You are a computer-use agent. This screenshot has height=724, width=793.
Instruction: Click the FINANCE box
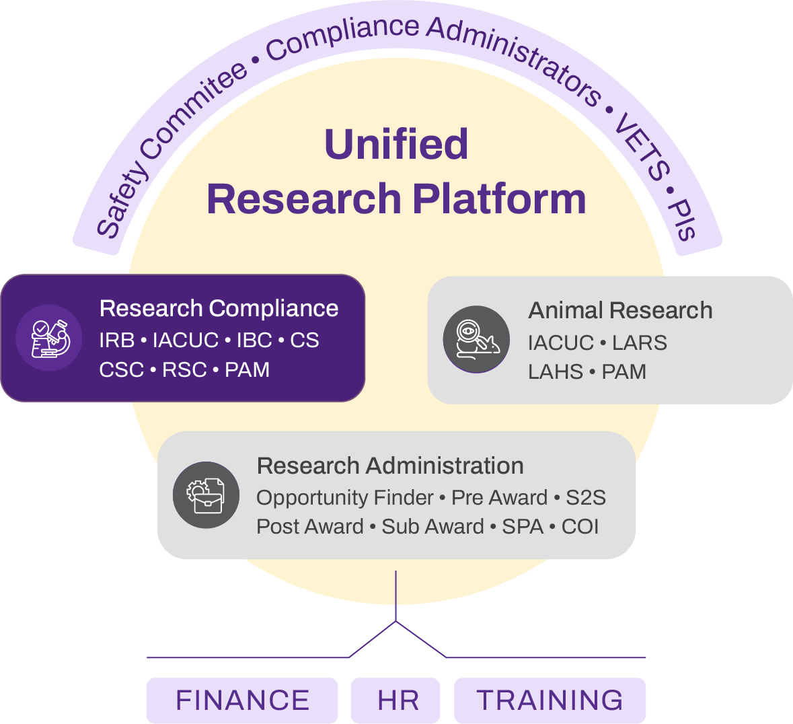pos(242,700)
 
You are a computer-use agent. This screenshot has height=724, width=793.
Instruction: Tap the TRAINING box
pos(550,700)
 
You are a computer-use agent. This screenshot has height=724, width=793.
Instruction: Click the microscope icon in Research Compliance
pos(50,338)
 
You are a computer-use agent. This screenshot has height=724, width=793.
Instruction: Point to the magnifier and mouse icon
pos(476,338)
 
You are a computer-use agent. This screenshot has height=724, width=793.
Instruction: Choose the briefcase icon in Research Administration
pos(206,495)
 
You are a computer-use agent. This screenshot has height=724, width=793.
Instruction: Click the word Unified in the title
pos(396,144)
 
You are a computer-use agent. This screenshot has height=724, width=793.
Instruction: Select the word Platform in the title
pos(499,199)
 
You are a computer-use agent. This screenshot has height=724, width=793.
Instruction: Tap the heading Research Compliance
pos(219,308)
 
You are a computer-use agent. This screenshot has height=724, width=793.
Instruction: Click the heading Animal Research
pos(620,310)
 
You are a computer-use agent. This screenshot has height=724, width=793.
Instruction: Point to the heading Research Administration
pos(390,466)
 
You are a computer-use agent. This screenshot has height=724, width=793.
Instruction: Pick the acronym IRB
pos(117,340)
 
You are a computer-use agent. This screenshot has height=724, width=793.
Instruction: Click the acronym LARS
pos(640,342)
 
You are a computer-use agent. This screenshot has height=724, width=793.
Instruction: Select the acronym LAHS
pos(556,372)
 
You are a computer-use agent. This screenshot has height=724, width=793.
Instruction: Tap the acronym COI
pos(580,526)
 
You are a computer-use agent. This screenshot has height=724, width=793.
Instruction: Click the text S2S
pos(585,497)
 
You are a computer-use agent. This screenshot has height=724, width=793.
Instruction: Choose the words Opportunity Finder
pos(345,497)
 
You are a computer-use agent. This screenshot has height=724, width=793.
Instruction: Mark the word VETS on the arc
pos(643,147)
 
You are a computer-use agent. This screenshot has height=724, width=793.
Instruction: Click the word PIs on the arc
pos(683,219)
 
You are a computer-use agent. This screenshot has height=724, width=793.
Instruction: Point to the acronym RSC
pos(184,370)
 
